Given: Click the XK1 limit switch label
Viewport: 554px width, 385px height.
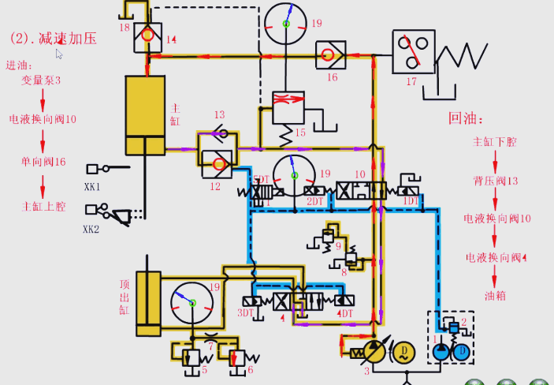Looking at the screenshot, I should tap(94, 187).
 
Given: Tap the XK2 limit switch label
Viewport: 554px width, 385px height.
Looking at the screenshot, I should tap(94, 230).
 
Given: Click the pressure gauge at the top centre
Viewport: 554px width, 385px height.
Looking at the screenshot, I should tap(285, 24).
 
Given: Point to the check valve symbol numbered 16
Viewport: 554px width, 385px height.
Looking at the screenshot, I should tap(327, 55).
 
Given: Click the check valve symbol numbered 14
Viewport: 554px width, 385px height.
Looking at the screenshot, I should tap(147, 36).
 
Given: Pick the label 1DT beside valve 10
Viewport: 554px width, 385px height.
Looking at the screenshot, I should tap(411, 202).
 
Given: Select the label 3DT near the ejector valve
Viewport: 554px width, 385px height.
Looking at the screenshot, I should tap(246, 313).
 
